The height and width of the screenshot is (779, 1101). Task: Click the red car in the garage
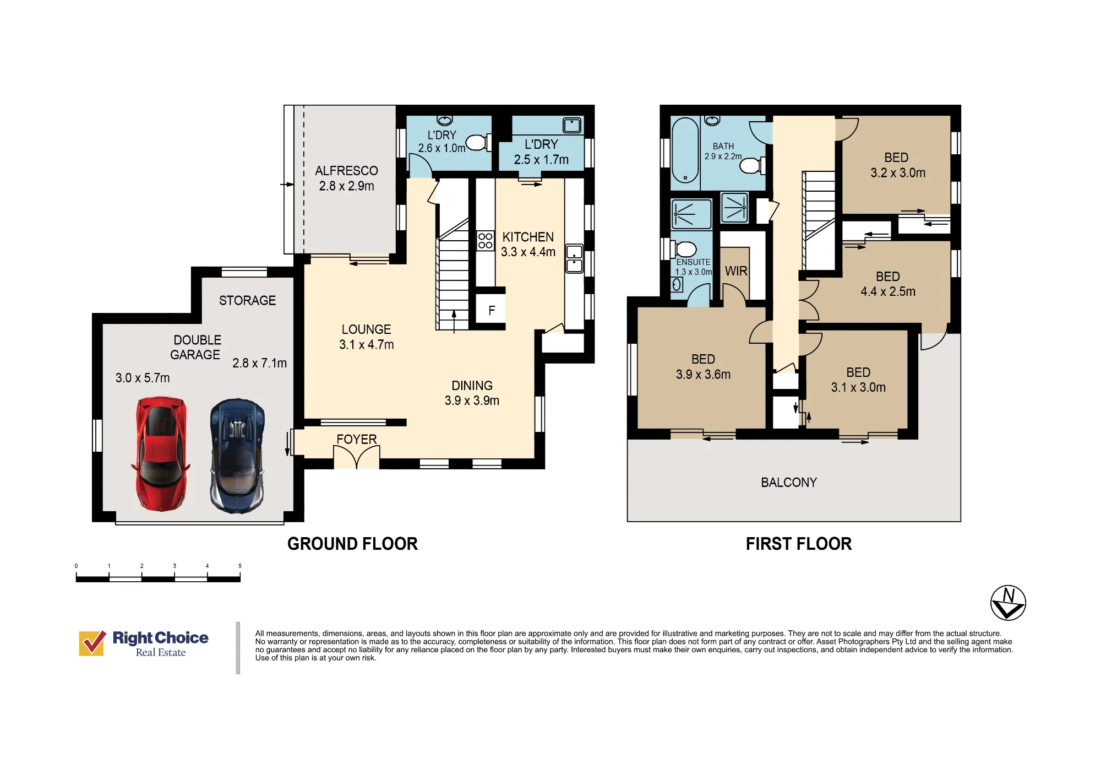(x=161, y=454)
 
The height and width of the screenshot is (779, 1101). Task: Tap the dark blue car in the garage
(x=237, y=456)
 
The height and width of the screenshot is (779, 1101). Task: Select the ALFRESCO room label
(x=346, y=171)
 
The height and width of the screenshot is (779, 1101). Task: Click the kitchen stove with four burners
(x=486, y=241)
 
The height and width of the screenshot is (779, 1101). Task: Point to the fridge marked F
(x=492, y=311)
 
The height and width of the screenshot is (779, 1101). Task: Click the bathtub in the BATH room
(x=685, y=150)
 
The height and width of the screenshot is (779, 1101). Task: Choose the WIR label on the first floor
(x=736, y=271)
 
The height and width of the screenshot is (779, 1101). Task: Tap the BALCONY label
(x=789, y=483)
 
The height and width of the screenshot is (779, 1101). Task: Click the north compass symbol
(x=1008, y=603)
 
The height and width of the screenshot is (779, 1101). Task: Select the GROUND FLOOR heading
(x=352, y=544)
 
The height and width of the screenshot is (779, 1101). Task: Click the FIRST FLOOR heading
(x=799, y=544)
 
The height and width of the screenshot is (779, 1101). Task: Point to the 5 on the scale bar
(x=240, y=566)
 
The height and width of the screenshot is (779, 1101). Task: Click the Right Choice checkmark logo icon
(x=92, y=643)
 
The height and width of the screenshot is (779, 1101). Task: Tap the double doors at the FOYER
(x=357, y=457)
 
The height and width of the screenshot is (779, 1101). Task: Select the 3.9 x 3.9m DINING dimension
(x=472, y=401)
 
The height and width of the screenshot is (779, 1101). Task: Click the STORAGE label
(x=247, y=301)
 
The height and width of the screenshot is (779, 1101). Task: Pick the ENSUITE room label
(x=693, y=262)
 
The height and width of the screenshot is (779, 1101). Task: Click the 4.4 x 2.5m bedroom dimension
(x=888, y=291)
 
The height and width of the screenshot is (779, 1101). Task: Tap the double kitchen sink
(x=574, y=259)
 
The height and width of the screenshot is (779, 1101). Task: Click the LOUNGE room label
(x=366, y=329)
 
